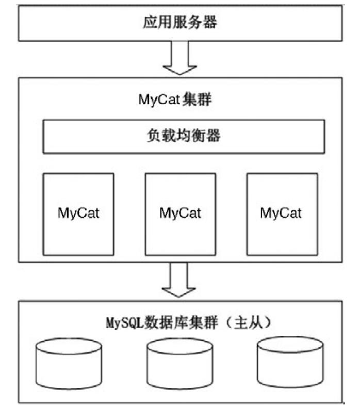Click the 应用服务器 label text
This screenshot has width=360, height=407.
coord(179,23)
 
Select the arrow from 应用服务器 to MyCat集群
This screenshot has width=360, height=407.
coord(179,58)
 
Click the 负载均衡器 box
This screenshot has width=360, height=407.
coord(184,136)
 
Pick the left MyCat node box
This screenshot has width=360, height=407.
coord(78,214)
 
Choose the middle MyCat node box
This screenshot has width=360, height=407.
coord(180,214)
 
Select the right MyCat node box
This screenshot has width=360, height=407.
coord(282,214)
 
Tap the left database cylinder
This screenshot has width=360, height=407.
coord(69,363)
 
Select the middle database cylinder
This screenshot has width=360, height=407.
coord(179,363)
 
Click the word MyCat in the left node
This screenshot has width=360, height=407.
coord(78,213)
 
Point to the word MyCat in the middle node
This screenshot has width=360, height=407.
coord(180,213)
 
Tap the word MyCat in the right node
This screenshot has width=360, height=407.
coord(281,213)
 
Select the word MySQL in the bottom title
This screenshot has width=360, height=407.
coord(125,324)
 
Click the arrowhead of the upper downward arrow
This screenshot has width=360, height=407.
coord(179,68)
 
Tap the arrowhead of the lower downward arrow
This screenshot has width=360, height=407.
coord(179,290)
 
